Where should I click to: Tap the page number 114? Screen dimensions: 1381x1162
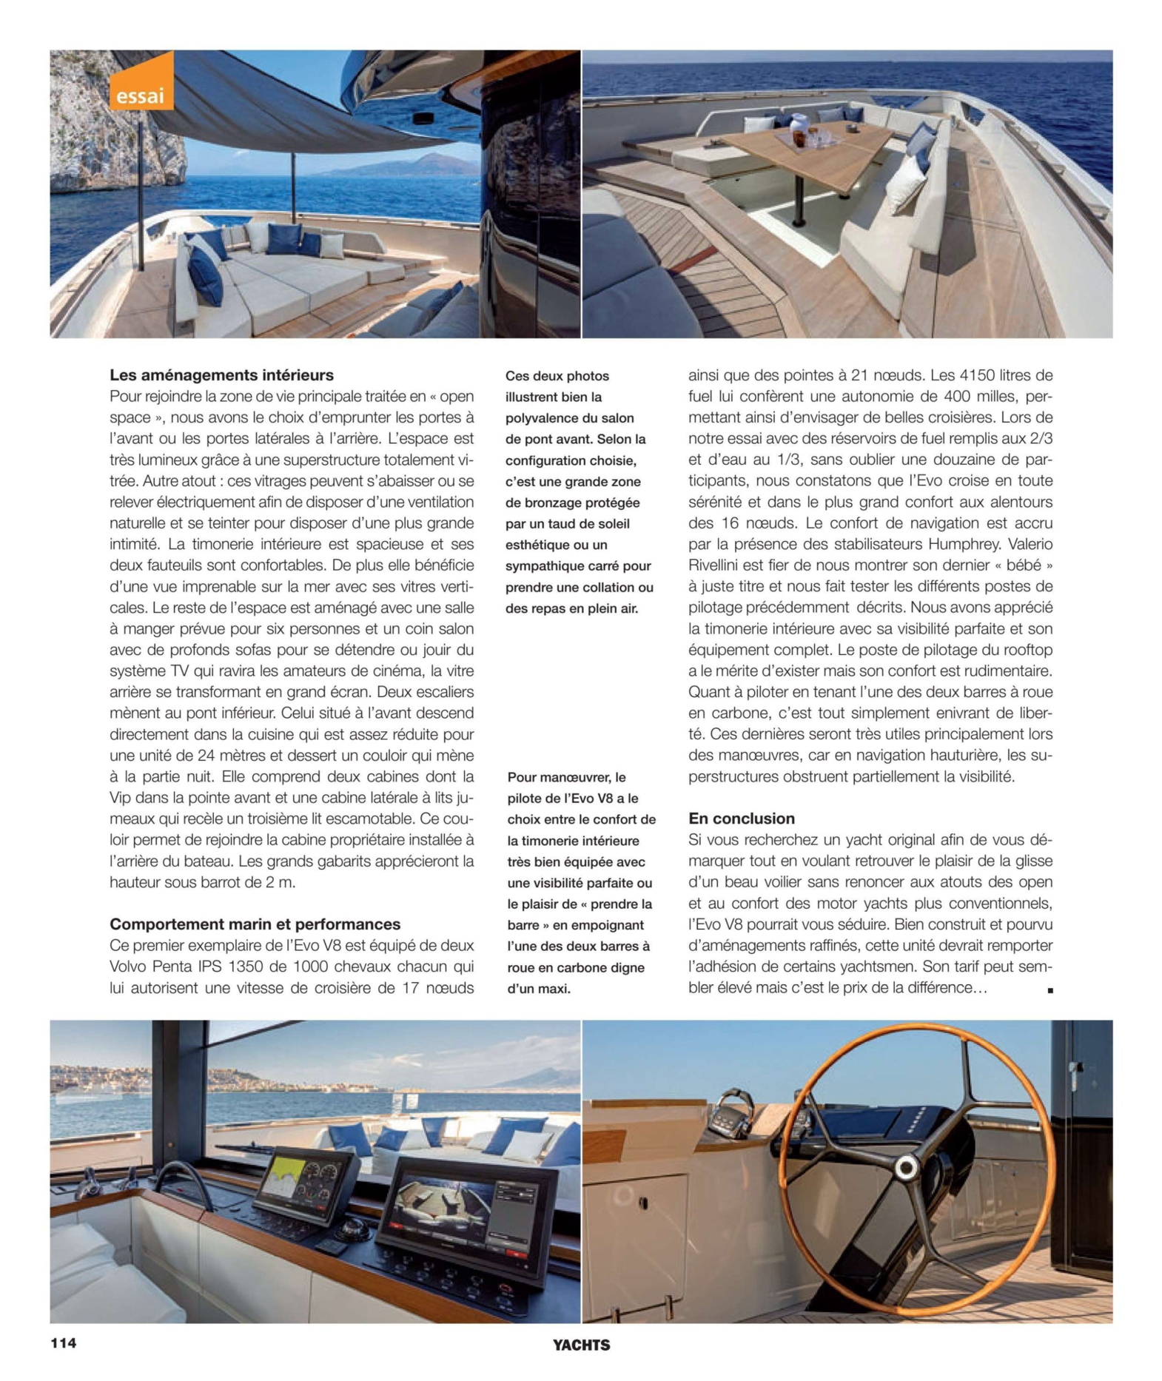tap(64, 1343)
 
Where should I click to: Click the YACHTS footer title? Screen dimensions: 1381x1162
tap(581, 1345)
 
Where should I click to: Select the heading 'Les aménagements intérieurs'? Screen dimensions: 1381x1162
tap(221, 375)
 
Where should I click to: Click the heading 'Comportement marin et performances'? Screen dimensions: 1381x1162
tap(255, 924)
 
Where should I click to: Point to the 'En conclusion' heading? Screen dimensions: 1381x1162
tap(741, 819)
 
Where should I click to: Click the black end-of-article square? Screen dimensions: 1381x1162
tap(1050, 990)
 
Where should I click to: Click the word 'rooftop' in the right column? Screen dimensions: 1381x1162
tap(1025, 650)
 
